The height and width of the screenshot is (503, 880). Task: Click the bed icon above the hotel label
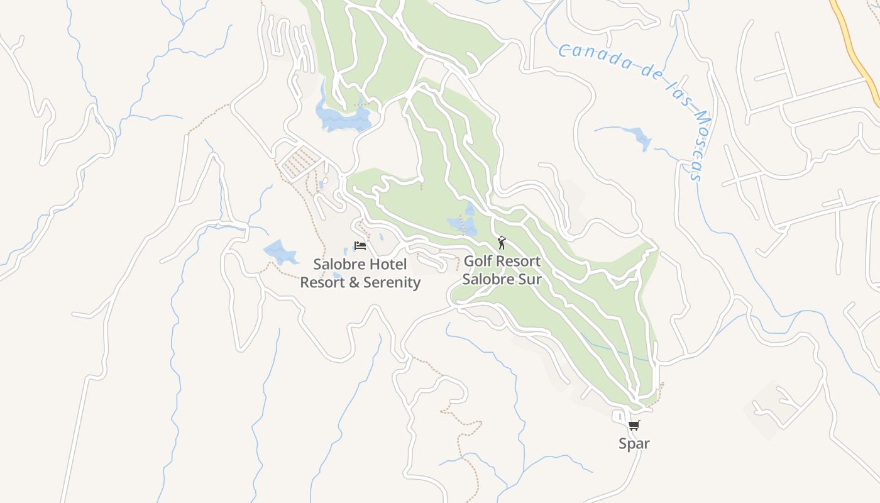click(360, 246)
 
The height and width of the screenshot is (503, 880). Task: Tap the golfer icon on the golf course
click(501, 242)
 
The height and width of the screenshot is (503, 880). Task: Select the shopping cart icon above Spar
click(634, 426)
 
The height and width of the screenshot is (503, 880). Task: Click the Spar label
click(634, 443)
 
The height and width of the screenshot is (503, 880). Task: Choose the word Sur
click(529, 279)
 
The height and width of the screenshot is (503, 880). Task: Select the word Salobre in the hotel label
click(338, 264)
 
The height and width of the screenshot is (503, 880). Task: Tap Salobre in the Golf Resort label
click(488, 279)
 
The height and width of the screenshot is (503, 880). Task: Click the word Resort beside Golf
click(518, 261)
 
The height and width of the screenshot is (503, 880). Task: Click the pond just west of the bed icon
click(280, 252)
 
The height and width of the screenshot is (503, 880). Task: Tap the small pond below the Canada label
click(640, 138)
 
